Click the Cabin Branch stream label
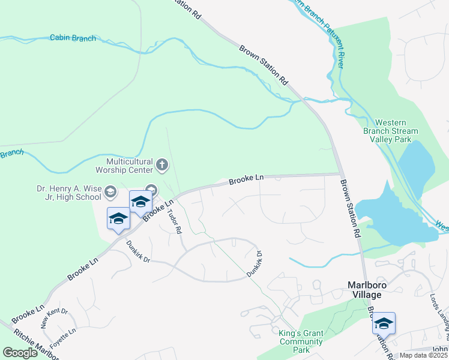(x=73, y=38)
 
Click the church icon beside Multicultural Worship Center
(x=161, y=164)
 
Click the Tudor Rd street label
(x=175, y=217)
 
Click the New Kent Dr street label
(x=54, y=318)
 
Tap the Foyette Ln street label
(x=63, y=339)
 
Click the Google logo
(x=20, y=353)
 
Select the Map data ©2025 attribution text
(x=423, y=355)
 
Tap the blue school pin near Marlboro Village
(x=384, y=324)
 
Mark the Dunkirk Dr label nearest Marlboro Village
(x=256, y=264)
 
